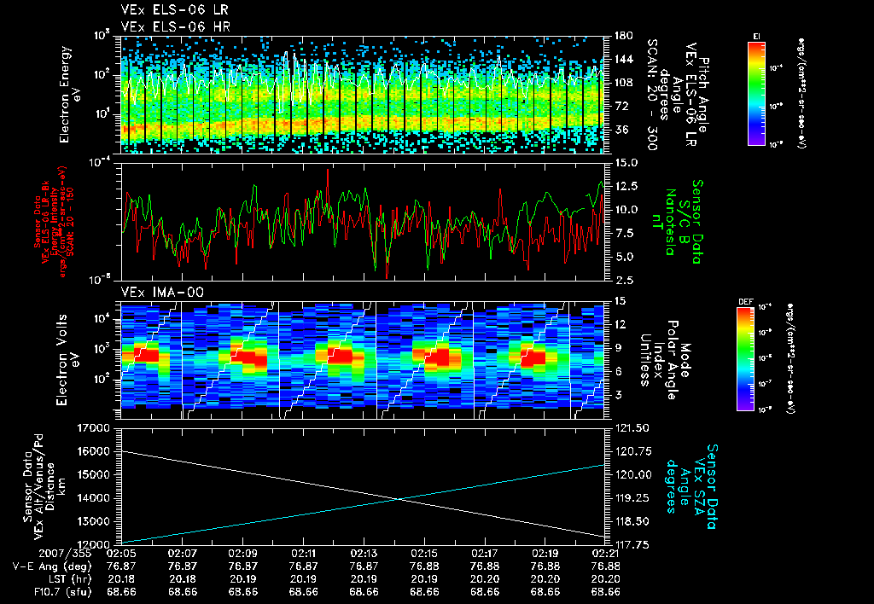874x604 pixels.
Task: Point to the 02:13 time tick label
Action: (x=364, y=553)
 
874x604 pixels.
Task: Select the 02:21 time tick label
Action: (x=605, y=553)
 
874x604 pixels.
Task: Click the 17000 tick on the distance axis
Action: (x=96, y=427)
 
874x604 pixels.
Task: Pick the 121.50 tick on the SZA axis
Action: (x=631, y=427)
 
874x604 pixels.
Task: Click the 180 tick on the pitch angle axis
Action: (x=621, y=36)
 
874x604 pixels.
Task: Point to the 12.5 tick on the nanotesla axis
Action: (x=624, y=186)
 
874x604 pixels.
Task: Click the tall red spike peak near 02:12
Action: (x=328, y=170)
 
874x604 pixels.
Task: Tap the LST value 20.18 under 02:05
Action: (x=124, y=578)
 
